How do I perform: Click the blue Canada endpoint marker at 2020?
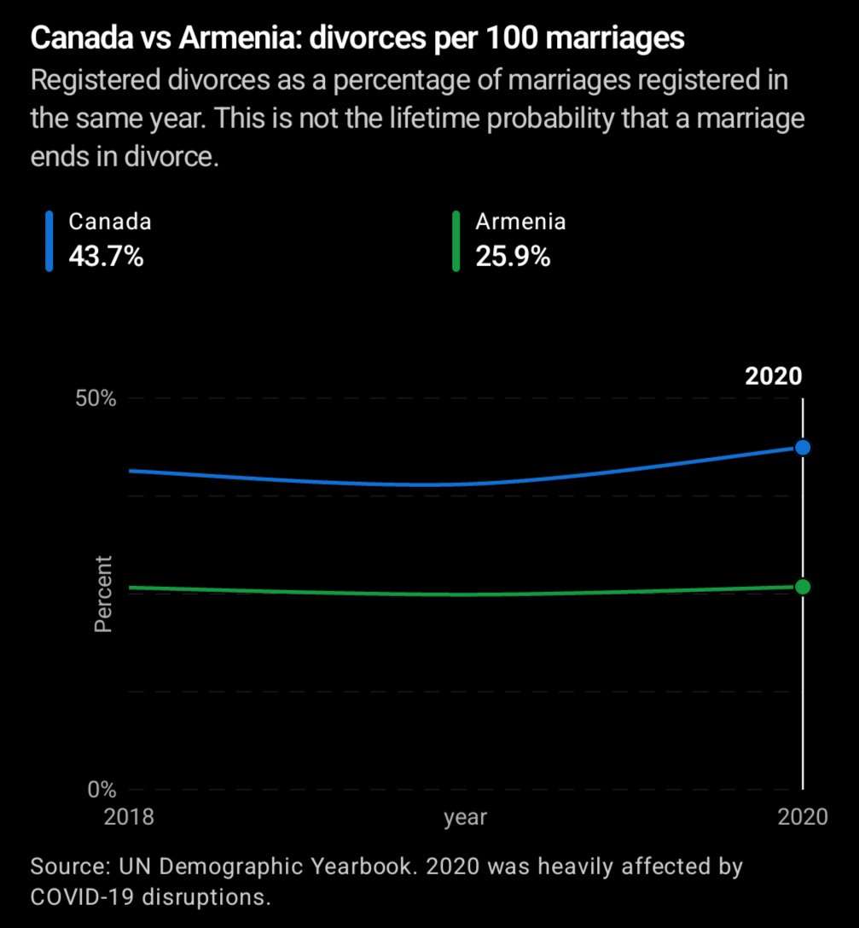click(803, 448)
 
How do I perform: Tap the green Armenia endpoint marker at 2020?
click(803, 587)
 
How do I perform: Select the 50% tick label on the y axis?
click(96, 398)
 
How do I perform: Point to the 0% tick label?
click(102, 789)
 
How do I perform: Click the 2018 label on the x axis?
click(129, 817)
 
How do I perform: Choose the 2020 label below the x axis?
click(803, 817)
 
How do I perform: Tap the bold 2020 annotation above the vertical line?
click(773, 376)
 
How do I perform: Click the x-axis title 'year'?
click(465, 818)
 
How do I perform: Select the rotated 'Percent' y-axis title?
click(103, 594)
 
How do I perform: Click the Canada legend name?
click(110, 222)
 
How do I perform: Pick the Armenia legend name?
click(520, 222)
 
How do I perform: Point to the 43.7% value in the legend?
click(106, 256)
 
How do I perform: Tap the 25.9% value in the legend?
click(513, 256)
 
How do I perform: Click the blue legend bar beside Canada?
click(49, 241)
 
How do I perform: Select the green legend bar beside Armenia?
click(456, 241)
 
